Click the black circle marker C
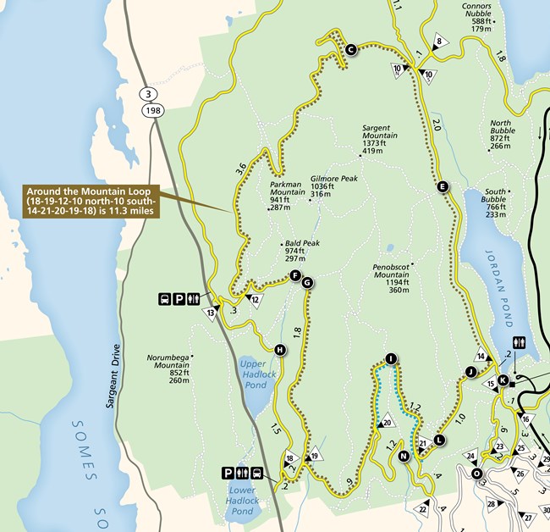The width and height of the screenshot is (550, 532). [350, 50]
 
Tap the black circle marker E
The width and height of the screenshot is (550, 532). [443, 188]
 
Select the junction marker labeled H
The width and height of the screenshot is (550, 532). [279, 349]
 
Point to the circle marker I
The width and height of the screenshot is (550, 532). [390, 359]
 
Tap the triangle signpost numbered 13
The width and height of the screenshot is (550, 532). [210, 311]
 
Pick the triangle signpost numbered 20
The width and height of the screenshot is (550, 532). [387, 421]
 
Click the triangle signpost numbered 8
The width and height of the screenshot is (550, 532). [439, 43]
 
